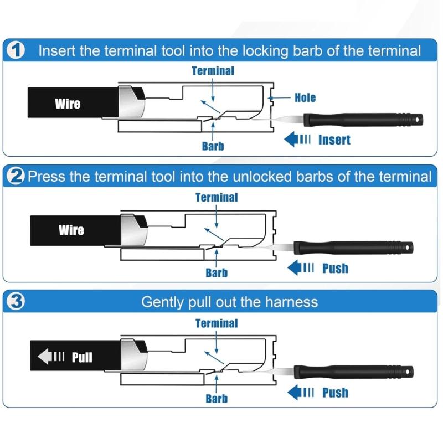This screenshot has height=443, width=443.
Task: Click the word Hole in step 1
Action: pos(305,97)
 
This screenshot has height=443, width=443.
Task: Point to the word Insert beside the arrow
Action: pos(334,140)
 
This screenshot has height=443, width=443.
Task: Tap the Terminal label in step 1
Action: pos(213,71)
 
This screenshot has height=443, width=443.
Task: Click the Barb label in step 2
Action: pos(217,272)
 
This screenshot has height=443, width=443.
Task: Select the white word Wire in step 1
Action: pos(68,104)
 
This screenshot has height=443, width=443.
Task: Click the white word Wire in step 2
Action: pos(71,230)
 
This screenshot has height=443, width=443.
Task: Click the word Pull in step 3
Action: pos(82,358)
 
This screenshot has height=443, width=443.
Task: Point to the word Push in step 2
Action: pos(335,269)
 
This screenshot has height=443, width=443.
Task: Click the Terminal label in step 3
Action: pos(217,323)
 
